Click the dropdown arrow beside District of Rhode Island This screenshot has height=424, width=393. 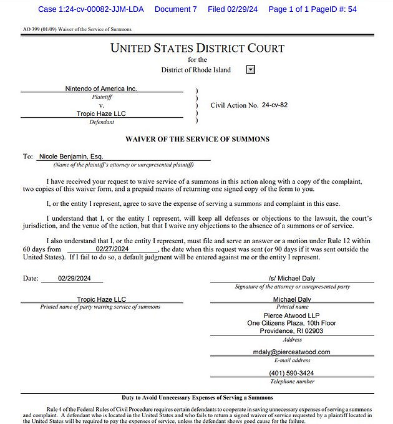[251, 70]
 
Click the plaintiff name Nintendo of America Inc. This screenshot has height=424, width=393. [101, 89]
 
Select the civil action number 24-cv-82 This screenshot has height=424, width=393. [275, 105]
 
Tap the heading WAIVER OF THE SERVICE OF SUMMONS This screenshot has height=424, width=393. [197, 138]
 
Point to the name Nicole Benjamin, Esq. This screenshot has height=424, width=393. [70, 157]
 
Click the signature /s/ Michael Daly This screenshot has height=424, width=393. [292, 278]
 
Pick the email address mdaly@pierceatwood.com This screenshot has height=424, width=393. [292, 352]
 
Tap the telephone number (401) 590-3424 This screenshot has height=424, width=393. [292, 373]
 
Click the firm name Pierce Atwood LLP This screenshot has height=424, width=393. [292, 316]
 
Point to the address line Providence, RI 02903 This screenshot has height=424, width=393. [292, 331]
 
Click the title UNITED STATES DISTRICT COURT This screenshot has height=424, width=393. [197, 48]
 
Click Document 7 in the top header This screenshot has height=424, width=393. [175, 9]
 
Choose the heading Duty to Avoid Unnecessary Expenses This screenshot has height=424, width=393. [197, 397]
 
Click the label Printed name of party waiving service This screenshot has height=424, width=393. [100, 307]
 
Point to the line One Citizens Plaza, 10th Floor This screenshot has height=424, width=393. [292, 323]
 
